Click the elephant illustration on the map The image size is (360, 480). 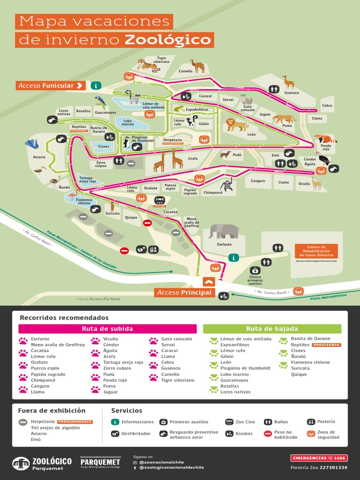click(224, 231)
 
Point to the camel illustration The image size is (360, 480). click(197, 66)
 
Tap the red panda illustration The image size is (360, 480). click(325, 139)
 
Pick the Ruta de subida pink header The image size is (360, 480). click(107, 329)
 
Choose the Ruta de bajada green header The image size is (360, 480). click(272, 329)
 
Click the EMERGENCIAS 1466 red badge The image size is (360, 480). click(318, 458)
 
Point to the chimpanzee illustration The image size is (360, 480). click(227, 185)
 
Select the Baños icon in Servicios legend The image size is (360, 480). click(268, 422)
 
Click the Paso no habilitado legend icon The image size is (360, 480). click(268, 434)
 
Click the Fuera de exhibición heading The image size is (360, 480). click(52, 411)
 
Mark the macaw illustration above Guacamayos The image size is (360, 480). click(100, 102)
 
